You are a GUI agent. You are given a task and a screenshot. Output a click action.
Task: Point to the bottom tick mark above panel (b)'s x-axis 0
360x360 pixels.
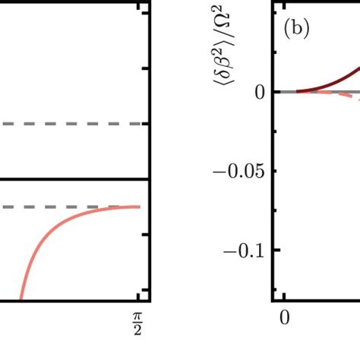[284, 295]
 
